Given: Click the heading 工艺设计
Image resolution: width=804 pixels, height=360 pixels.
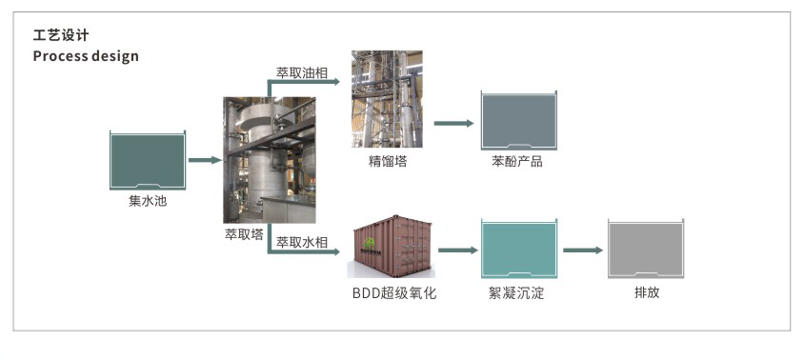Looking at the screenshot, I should pos(61,36).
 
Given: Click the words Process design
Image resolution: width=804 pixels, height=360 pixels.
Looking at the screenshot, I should pos(86,56).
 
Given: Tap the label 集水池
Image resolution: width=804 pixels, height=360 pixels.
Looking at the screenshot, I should pos(147,202).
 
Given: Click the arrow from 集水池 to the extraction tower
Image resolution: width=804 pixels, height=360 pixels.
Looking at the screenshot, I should pos(204,160).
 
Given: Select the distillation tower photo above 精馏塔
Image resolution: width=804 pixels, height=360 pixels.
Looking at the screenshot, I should pos(388,96).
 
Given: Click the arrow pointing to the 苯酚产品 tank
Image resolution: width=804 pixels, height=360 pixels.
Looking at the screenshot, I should pos(453,123).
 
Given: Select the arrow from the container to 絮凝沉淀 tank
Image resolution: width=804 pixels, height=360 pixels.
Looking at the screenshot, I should pos(456,250).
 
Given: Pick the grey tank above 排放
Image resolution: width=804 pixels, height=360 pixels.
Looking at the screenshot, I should pos(646,250).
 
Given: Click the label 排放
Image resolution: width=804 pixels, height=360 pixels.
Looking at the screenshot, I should pos(646,292).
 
